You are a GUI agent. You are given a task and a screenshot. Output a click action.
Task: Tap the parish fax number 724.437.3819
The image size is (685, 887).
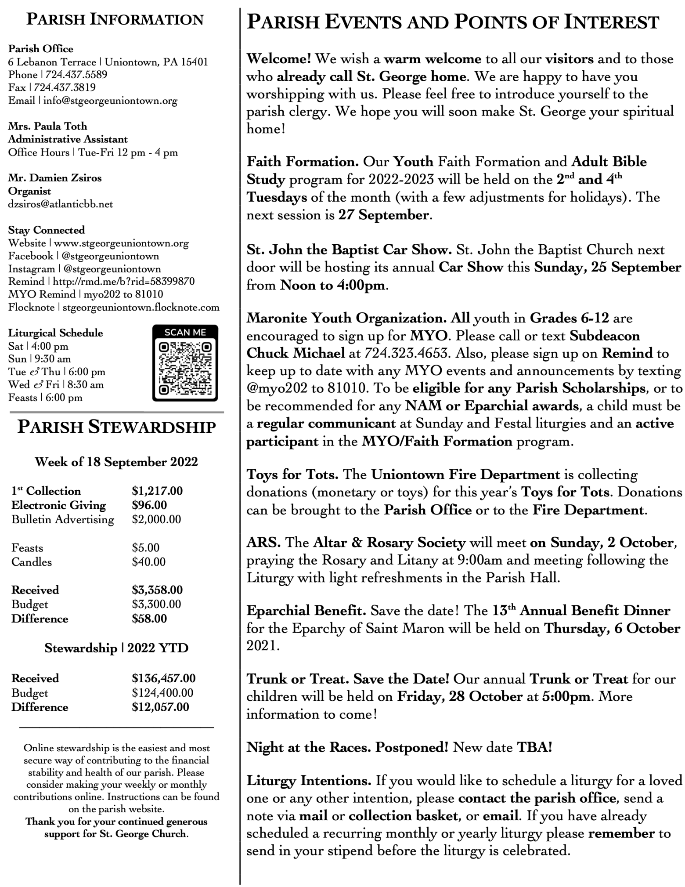pos(65,87)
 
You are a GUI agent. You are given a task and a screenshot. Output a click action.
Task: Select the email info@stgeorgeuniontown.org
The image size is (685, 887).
pos(110,101)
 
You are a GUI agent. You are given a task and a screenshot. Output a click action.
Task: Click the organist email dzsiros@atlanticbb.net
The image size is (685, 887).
pos(61,204)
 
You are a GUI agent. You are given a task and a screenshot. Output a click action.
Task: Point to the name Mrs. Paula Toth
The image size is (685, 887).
pos(48,127)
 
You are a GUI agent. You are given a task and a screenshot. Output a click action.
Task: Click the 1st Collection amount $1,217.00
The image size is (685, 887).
pos(157,491)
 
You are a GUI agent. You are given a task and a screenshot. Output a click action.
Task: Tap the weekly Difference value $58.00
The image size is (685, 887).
pos(149,619)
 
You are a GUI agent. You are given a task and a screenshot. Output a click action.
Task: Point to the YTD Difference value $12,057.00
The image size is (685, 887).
pos(160,707)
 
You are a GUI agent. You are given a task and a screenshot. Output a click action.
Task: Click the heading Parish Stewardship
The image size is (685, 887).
pos(116,427)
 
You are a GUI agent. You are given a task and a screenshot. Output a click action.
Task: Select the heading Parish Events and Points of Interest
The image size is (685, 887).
pos(452,22)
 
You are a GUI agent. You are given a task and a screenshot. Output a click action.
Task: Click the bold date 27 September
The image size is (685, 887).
pos(383,215)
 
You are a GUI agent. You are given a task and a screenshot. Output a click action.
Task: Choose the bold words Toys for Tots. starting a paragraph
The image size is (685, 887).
pos(292,474)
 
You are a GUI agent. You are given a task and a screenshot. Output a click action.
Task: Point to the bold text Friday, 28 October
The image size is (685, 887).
pos(460,697)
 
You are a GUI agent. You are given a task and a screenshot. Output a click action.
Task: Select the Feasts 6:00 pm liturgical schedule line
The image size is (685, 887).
pos(45,398)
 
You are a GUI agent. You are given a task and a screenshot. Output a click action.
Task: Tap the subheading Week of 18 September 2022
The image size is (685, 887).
pos(116,462)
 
